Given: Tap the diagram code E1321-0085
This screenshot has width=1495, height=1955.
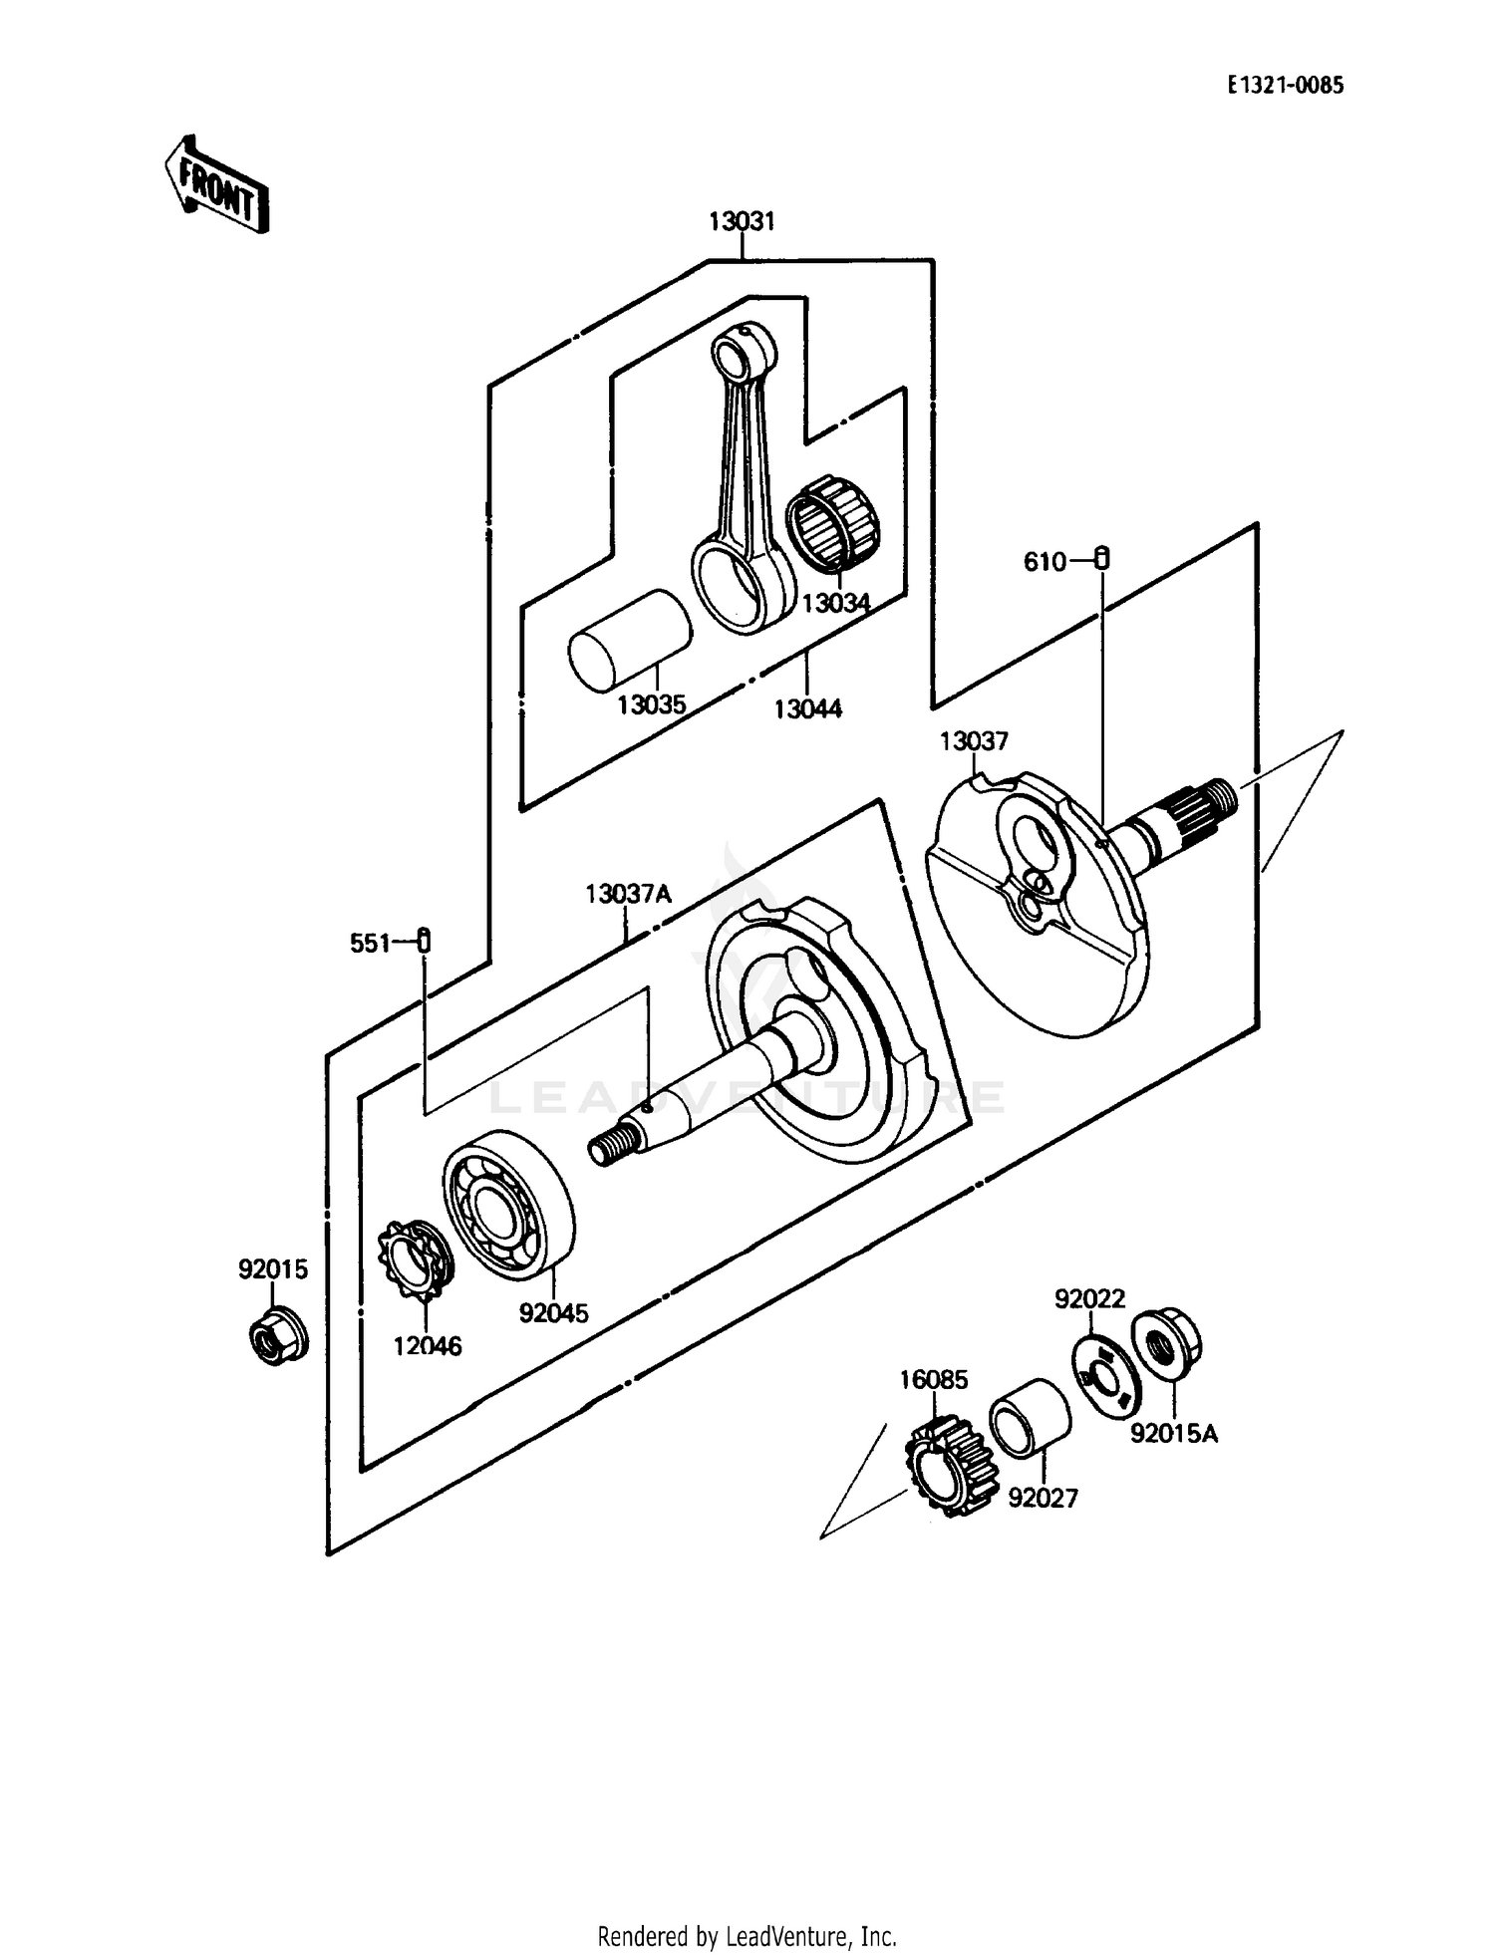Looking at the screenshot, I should pos(1285,86).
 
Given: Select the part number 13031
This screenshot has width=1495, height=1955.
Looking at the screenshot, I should pos(742,221).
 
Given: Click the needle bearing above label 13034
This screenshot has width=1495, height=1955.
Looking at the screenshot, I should pos(833,524).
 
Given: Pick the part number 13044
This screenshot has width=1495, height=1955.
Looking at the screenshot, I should pos(807,708).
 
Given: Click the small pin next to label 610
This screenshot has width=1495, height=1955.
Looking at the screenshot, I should pos(1101,559).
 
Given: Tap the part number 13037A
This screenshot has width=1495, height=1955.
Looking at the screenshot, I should pos(628,894).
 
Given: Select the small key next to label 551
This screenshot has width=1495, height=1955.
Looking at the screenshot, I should pos(424,940).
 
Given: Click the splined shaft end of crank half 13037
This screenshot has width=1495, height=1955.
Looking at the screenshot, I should pos(1205,803).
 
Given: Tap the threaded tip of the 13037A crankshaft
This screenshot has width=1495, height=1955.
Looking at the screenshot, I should pos(605,1147).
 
